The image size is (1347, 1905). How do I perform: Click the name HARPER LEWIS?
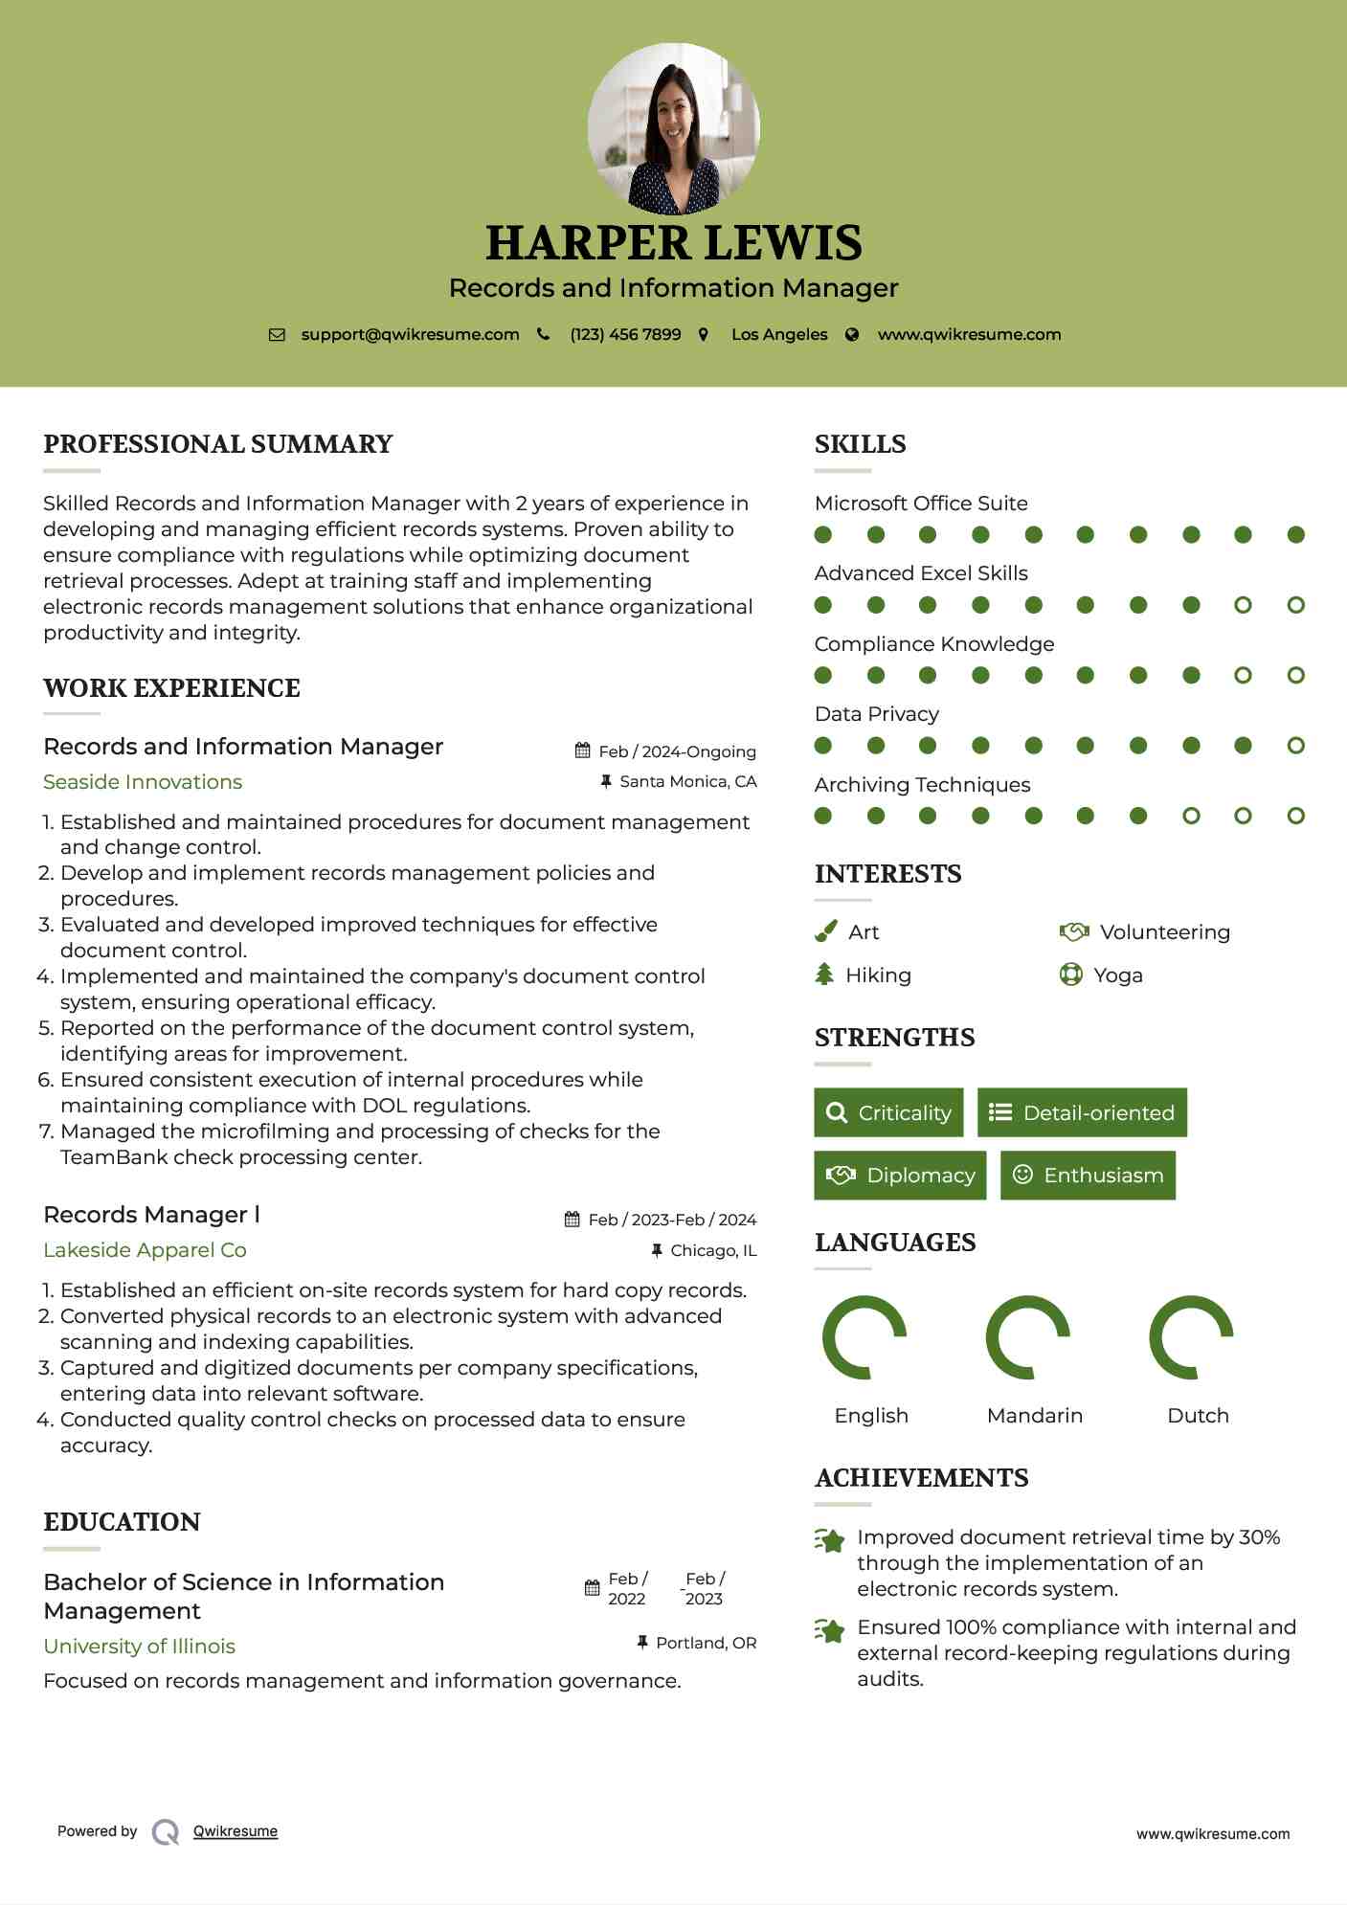[x=673, y=243]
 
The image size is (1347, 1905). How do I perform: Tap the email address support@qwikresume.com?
[x=410, y=334]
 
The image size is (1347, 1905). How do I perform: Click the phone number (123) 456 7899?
[x=625, y=334]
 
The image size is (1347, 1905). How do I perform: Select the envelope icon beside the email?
[x=277, y=334]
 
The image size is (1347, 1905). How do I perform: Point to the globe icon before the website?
[x=852, y=334]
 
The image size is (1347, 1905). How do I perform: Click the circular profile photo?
[x=673, y=128]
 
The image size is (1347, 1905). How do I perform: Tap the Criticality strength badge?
[x=888, y=1112]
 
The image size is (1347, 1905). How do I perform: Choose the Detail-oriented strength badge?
[x=1082, y=1112]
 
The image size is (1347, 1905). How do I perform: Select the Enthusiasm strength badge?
[x=1088, y=1175]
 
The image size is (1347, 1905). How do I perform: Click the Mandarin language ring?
[x=1027, y=1336]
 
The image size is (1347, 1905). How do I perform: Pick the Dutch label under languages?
[x=1198, y=1415]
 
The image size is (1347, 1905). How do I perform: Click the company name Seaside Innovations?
[x=143, y=782]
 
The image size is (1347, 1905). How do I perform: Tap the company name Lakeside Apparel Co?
[x=145, y=1250]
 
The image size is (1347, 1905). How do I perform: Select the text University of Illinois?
[x=139, y=1646]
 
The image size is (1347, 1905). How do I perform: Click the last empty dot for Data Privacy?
[x=1295, y=745]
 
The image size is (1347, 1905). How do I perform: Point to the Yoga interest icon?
[x=1070, y=975]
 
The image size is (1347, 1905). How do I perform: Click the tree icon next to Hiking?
[x=824, y=975]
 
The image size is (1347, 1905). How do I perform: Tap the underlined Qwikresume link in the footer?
[x=236, y=1831]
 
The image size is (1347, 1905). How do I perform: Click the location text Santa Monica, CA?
[x=687, y=781]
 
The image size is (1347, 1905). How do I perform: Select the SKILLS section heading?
[x=860, y=444]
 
